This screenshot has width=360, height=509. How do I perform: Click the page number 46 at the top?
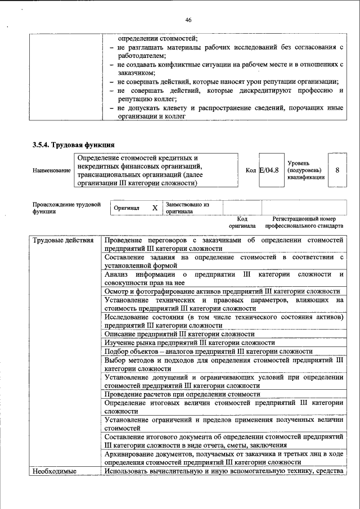pyautogui.click(x=188, y=20)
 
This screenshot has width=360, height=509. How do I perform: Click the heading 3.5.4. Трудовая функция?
pyautogui.click(x=74, y=145)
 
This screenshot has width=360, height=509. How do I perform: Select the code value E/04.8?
pyautogui.click(x=269, y=169)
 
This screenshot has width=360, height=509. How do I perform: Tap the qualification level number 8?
pyautogui.click(x=337, y=169)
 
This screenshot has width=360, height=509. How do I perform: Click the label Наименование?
pyautogui.click(x=52, y=170)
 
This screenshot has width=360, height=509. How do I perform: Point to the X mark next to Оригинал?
pyautogui.click(x=155, y=208)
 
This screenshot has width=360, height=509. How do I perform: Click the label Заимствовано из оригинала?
pyautogui.click(x=187, y=208)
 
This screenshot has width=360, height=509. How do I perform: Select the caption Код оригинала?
pyautogui.click(x=242, y=222)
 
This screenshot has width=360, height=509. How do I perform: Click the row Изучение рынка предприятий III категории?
pyautogui.click(x=190, y=343)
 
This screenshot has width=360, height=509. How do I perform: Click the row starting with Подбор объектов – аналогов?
pyautogui.click(x=209, y=352)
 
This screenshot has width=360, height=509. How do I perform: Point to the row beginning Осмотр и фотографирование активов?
pyautogui.click(x=222, y=291)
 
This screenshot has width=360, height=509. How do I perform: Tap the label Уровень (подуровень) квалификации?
pyautogui.click(x=305, y=169)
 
